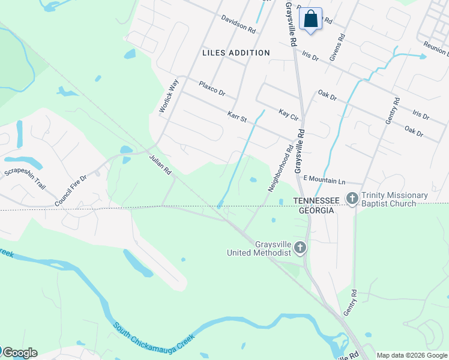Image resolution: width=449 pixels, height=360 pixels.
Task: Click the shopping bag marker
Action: [x=310, y=19]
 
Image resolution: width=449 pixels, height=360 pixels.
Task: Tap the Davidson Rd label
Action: [x=238, y=25]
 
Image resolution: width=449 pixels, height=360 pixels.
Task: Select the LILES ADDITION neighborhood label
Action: [x=236, y=53]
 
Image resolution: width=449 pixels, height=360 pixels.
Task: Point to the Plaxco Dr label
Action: [x=212, y=88]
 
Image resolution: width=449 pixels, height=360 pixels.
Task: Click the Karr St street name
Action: [x=237, y=116]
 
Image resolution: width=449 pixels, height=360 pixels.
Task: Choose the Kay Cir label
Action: [x=289, y=113]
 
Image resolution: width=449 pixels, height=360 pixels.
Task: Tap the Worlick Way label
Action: [x=169, y=96]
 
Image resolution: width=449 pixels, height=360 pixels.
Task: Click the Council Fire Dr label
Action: [x=71, y=187]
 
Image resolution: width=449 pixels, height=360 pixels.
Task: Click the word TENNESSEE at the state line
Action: [x=316, y=200]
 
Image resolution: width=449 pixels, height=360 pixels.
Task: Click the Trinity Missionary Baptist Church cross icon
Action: [x=352, y=197]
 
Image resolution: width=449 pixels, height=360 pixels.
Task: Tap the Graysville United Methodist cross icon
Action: [x=300, y=247]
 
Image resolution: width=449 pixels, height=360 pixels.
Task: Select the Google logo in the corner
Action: [x=20, y=353]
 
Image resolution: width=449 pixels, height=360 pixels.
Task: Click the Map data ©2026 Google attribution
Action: [x=412, y=355]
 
